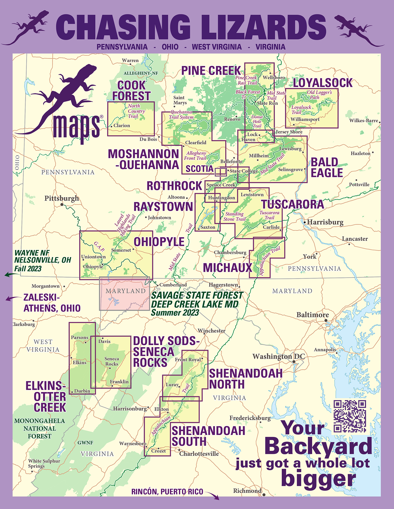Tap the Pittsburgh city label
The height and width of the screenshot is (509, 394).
[x=62, y=198]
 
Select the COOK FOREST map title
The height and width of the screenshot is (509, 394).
[x=131, y=90]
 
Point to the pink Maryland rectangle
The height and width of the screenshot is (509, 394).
[x=124, y=294]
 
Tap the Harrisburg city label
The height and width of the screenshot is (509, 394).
[x=325, y=222]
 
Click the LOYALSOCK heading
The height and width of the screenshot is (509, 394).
[x=322, y=83]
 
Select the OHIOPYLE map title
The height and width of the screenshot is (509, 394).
[x=159, y=242]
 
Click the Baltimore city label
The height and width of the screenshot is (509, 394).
[x=313, y=315]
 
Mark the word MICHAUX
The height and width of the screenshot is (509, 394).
[x=227, y=268]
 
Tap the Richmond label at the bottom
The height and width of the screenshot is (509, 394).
[x=247, y=491]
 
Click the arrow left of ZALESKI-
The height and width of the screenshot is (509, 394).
[x=12, y=298]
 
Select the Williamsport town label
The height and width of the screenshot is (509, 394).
[x=305, y=119]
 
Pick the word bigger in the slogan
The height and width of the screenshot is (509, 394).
[x=318, y=479]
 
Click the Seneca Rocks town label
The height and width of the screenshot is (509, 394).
[x=112, y=361]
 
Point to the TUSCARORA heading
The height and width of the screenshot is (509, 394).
[x=293, y=205]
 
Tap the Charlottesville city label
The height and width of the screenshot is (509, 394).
[x=199, y=454]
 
